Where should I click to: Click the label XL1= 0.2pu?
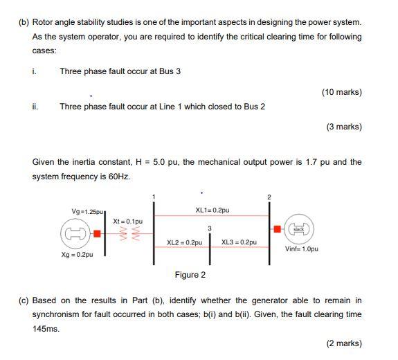point(212,210)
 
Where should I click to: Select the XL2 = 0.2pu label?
point(185,242)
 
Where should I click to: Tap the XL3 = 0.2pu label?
point(239,242)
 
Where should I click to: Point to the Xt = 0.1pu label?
point(128,220)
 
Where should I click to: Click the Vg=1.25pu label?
point(85,210)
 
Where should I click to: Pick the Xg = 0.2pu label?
point(78,255)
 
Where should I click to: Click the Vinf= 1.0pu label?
point(302,249)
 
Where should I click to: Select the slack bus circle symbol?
point(299,228)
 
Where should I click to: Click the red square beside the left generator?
point(98,233)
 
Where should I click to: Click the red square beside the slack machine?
point(277,228)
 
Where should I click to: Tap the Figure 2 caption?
point(190,275)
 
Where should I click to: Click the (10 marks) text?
point(342,92)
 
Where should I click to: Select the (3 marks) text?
point(344,127)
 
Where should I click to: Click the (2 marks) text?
point(344,343)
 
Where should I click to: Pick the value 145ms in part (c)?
point(46,329)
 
